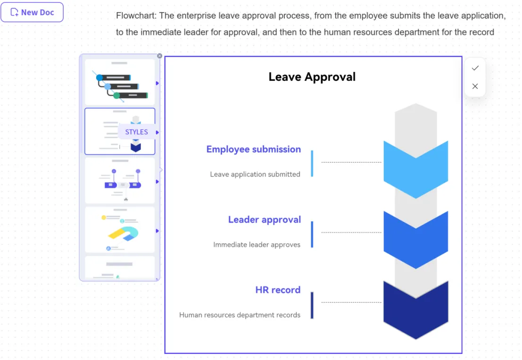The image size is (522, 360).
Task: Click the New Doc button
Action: pyautogui.click(x=32, y=12)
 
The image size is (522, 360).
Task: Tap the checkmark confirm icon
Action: pyautogui.click(x=475, y=68)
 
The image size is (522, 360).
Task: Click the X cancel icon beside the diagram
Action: pyautogui.click(x=475, y=86)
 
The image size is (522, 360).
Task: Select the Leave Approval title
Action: pyautogui.click(x=312, y=77)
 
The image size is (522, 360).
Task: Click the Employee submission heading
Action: pyautogui.click(x=253, y=149)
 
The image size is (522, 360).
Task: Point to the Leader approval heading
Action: pyautogui.click(x=265, y=219)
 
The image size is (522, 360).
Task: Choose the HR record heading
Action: pyautogui.click(x=278, y=290)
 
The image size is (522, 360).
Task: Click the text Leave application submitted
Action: pyautogui.click(x=255, y=174)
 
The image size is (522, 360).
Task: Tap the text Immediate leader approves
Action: pyautogui.click(x=257, y=244)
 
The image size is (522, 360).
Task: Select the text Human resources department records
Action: pyautogui.click(x=240, y=315)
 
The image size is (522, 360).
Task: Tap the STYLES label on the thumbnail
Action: pyautogui.click(x=136, y=132)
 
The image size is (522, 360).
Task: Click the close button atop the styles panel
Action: pyautogui.click(x=160, y=56)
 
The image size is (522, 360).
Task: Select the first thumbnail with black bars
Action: pyautogui.click(x=120, y=82)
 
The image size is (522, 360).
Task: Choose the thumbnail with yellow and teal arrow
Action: pyautogui.click(x=120, y=230)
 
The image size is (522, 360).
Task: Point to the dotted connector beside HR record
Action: pyautogui.click(x=351, y=302)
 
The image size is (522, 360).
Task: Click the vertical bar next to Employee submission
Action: pyautogui.click(x=312, y=164)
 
